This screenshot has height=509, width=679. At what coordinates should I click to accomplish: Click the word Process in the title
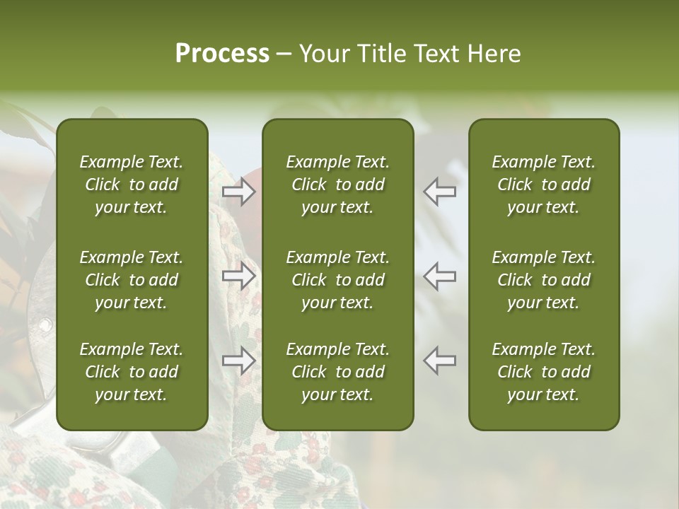click(x=222, y=54)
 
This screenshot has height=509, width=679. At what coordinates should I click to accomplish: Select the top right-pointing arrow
click(x=239, y=192)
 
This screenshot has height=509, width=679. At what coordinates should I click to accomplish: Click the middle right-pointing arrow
click(x=239, y=276)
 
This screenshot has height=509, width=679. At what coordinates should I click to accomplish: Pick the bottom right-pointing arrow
click(x=239, y=361)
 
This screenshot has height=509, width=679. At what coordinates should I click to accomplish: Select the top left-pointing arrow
click(x=440, y=192)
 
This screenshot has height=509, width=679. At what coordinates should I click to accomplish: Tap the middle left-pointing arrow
click(x=440, y=276)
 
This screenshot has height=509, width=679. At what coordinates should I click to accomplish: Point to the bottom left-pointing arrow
click(x=440, y=361)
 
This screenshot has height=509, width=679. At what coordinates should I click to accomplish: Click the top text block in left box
click(x=132, y=185)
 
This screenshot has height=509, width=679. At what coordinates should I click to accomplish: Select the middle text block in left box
click(x=132, y=280)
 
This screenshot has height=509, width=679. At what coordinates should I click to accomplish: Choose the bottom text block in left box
click(x=132, y=372)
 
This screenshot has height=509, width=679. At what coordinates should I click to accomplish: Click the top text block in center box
click(x=337, y=185)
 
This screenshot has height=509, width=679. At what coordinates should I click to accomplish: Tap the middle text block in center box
click(x=337, y=280)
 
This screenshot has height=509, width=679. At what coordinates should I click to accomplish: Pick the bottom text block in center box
click(x=337, y=372)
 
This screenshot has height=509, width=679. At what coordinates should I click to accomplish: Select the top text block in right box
click(x=543, y=185)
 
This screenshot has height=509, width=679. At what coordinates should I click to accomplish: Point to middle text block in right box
click(x=543, y=280)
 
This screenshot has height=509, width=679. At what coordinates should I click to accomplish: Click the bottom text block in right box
click(x=543, y=372)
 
